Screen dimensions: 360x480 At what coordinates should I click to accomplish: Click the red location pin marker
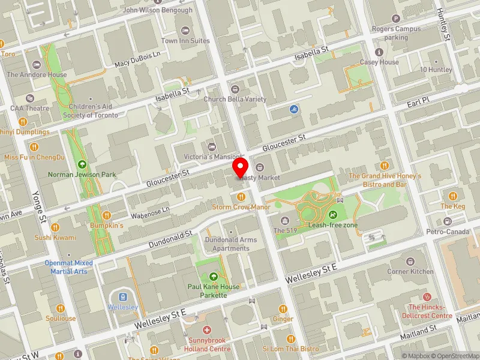click(x=241, y=167)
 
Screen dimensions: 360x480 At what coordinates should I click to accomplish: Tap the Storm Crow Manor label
click(x=241, y=207)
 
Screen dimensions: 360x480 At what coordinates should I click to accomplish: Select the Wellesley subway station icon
click(x=123, y=296)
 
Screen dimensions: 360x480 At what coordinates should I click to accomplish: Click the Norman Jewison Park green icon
click(x=82, y=164)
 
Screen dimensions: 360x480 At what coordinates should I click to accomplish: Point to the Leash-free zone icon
click(x=333, y=215)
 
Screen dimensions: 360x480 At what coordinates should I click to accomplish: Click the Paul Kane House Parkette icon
click(x=214, y=277)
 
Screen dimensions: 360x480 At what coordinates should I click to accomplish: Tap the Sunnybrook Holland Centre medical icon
click(x=207, y=331)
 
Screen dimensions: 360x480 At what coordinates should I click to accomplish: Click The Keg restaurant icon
click(x=453, y=196)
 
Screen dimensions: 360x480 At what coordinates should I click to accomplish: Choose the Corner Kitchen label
click(x=410, y=271)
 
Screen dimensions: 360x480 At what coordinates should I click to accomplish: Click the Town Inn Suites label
click(x=185, y=41)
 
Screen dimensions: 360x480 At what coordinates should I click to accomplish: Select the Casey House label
click(x=379, y=62)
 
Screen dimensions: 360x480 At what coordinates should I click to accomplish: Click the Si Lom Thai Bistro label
click(x=291, y=349)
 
